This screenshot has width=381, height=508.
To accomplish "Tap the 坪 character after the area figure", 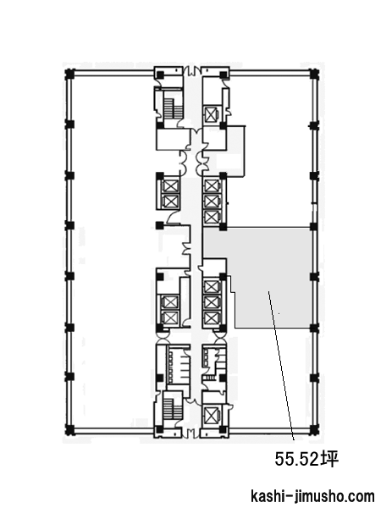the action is point(330,458).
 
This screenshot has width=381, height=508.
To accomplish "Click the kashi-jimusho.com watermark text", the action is point(313,496).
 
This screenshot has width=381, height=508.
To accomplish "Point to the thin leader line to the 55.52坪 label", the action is point(281,366).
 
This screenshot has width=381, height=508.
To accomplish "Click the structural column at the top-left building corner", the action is point(69,75).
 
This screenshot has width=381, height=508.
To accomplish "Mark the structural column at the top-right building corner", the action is point(313,75).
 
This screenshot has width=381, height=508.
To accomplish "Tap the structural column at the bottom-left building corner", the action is point(69,429).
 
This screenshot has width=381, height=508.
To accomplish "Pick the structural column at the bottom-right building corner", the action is point(313,429).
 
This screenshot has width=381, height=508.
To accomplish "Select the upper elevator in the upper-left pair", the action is point(170,186).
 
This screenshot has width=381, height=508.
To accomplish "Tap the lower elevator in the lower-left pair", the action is point(170,317).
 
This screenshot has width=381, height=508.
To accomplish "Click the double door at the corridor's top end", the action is point(191,69).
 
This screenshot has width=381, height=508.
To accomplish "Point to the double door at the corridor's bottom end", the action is point(191,433).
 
